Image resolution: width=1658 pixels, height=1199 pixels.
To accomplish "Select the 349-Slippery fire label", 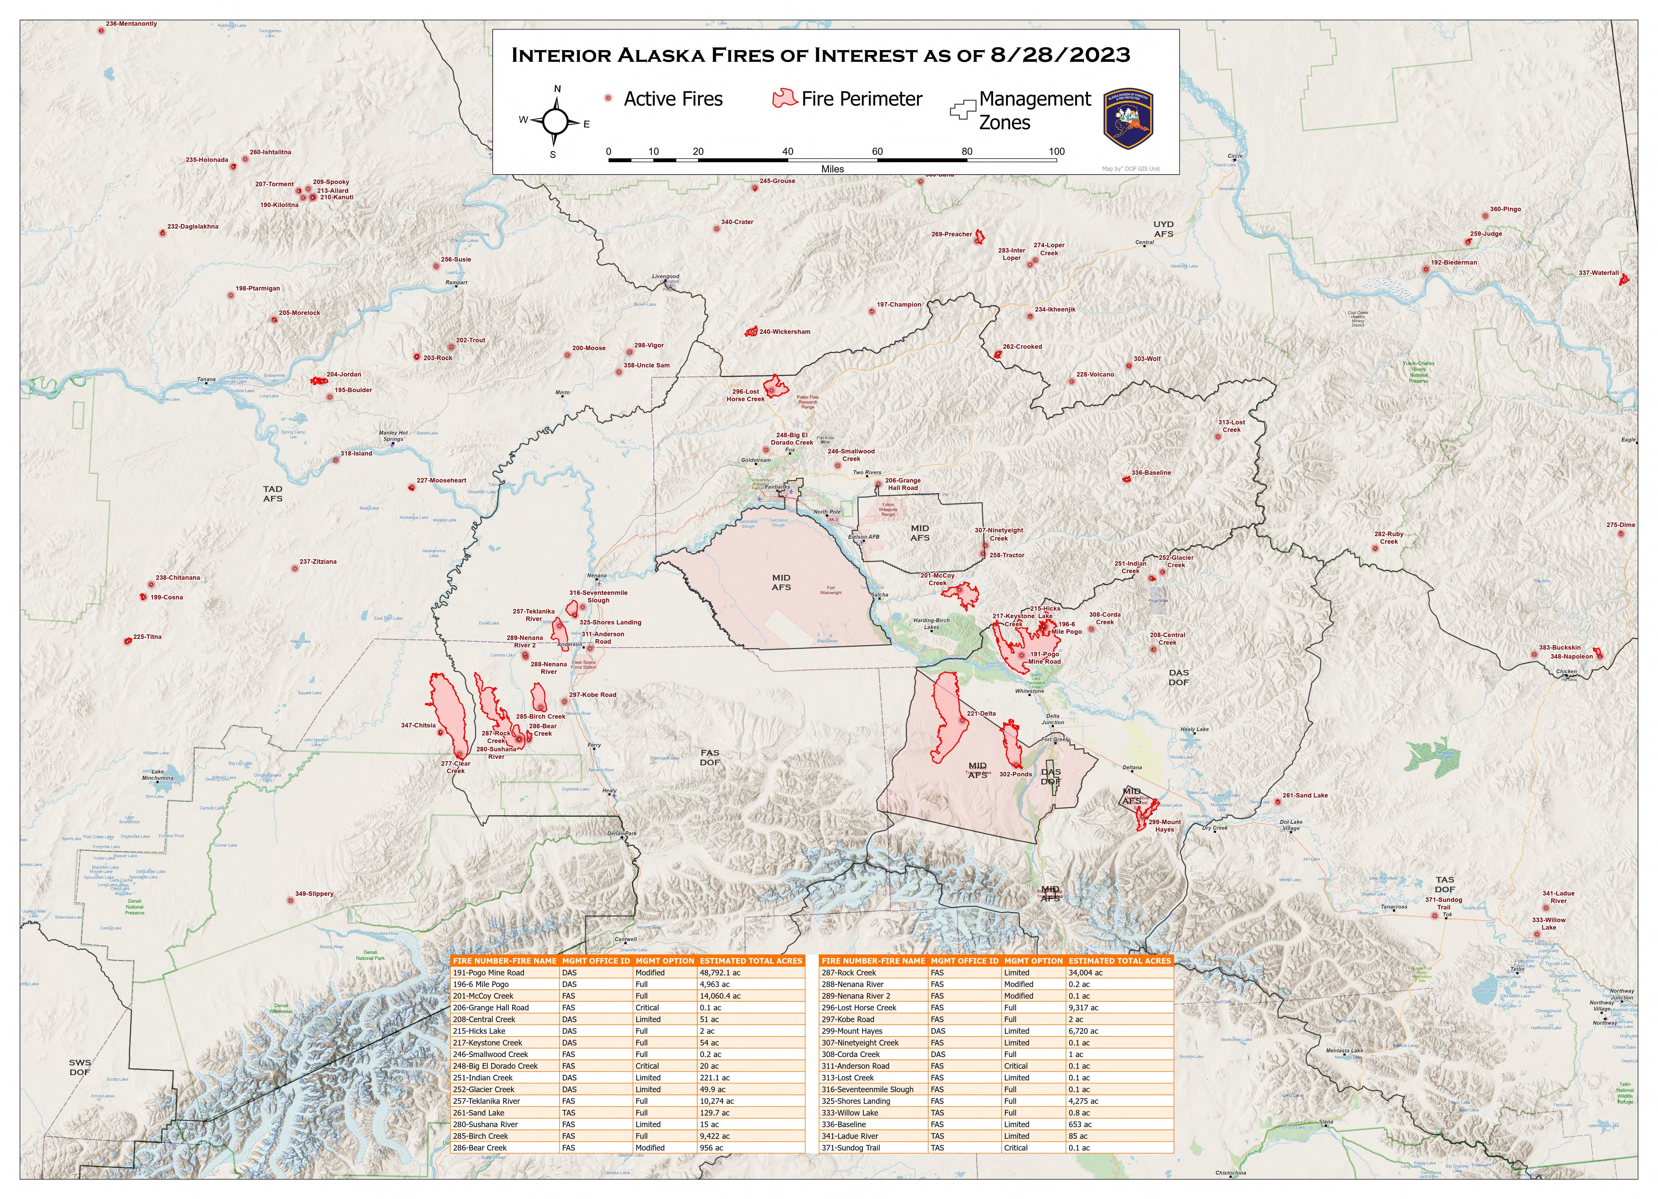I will (x=314, y=893).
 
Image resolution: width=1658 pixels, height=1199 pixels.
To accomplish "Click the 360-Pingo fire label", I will (x=1505, y=209).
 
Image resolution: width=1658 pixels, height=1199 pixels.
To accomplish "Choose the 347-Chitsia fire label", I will (x=418, y=725).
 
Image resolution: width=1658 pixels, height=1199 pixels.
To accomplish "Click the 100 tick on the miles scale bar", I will (x=1056, y=151).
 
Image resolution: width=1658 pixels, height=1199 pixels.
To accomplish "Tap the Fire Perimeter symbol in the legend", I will (x=784, y=99).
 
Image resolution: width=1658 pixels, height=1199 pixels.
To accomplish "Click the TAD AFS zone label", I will (x=273, y=493).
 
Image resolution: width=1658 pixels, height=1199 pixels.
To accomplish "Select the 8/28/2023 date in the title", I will (x=1060, y=55).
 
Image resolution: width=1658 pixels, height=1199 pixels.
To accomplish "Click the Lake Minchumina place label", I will (x=158, y=775).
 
